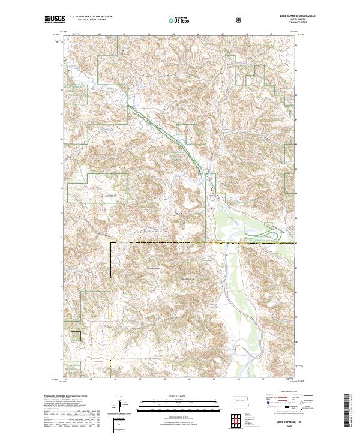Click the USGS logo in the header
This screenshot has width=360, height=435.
click(x=56, y=19)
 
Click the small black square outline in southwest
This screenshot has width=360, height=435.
click(x=76, y=337)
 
